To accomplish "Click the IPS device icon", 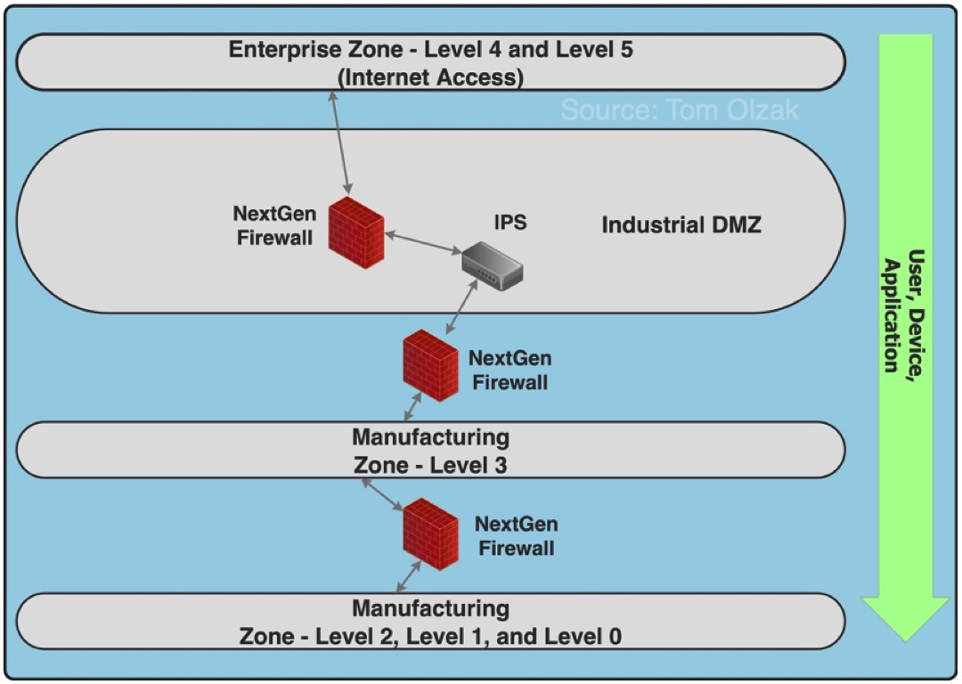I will [x=491, y=263].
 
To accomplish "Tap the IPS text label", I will [x=510, y=222].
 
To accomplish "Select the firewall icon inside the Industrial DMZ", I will [x=356, y=232].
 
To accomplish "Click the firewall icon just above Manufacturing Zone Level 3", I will [x=430, y=365].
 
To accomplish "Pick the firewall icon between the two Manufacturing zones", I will [x=430, y=534].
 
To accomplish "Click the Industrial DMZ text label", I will [x=681, y=224].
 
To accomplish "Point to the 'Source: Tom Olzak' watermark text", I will [x=680, y=110].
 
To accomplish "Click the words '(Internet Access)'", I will [x=430, y=77].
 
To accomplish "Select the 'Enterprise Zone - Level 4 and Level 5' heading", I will [x=430, y=49].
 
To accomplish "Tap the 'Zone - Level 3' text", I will [x=430, y=464].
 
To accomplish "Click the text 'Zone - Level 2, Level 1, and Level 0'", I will [x=430, y=636].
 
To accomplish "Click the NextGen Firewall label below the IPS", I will [x=510, y=370].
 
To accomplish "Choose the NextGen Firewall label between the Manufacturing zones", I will [x=516, y=536].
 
